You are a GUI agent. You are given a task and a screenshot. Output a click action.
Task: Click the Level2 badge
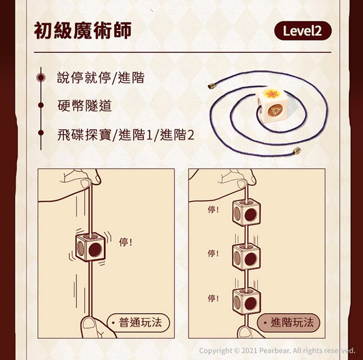point(303,31)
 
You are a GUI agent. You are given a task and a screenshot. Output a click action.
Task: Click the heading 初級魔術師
point(83,30)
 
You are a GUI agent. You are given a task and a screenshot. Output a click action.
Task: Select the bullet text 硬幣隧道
point(84,106)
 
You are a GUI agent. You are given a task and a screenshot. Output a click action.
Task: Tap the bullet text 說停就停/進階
point(101,77)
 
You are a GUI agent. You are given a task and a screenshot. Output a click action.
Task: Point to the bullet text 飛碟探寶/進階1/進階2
point(125,134)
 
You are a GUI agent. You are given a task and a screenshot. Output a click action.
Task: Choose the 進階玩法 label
point(288,323)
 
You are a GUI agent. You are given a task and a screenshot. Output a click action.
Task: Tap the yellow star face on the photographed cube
point(273,93)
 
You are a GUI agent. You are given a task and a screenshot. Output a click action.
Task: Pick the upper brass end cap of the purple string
point(211,86)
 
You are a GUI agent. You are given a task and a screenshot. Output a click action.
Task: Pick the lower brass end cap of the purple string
point(297,151)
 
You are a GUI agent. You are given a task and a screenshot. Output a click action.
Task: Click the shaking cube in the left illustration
point(91,247)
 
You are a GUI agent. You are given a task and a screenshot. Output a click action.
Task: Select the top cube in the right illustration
point(247,212)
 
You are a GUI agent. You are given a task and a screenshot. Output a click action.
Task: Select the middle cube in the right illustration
point(247,257)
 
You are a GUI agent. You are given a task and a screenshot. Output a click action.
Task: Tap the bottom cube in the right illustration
point(247,301)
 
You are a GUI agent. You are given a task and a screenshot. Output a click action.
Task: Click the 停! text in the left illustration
point(125,242)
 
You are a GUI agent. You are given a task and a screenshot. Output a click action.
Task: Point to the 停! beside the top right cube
point(213,210)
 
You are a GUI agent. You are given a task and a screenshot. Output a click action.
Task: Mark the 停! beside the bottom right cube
point(213,298)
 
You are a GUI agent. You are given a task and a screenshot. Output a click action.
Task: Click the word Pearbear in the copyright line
point(274,350)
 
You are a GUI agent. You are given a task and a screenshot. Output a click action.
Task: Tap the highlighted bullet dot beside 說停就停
point(41,77)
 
